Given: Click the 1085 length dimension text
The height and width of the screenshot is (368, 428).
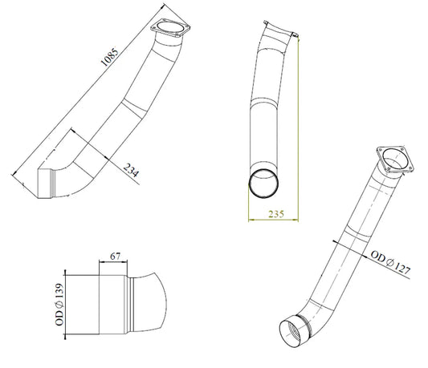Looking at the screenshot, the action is tap(110, 57).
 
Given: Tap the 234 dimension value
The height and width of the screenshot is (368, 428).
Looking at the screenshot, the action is tap(132, 170).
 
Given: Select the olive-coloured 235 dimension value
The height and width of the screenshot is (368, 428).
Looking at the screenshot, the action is tap(276, 214).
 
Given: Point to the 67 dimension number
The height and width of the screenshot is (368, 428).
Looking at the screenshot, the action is tap(115, 257).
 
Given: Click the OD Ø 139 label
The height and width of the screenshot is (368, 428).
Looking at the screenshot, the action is tap(59, 305).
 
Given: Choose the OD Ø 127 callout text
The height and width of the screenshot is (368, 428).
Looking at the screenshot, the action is tap(390, 263).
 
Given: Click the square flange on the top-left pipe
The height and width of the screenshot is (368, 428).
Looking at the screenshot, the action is tap(170, 28).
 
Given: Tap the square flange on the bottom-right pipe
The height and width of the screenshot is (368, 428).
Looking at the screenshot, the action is tap(395, 160).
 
